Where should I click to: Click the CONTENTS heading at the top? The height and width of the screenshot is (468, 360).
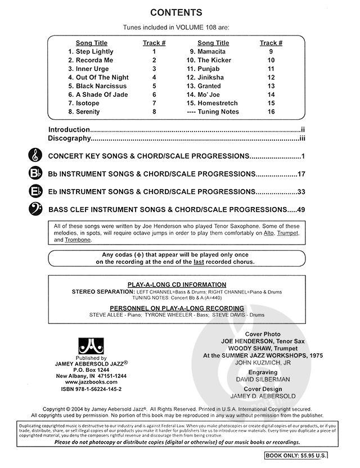[180, 12]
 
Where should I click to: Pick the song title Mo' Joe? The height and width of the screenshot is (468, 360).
[209, 94]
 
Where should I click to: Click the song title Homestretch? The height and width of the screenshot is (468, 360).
[217, 103]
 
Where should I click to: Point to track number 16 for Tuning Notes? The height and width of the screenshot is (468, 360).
[271, 111]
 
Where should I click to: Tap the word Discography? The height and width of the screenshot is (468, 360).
[69, 138]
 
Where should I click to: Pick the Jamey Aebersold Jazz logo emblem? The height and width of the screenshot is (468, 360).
[90, 345]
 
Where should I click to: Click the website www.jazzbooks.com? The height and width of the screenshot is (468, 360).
[90, 381]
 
